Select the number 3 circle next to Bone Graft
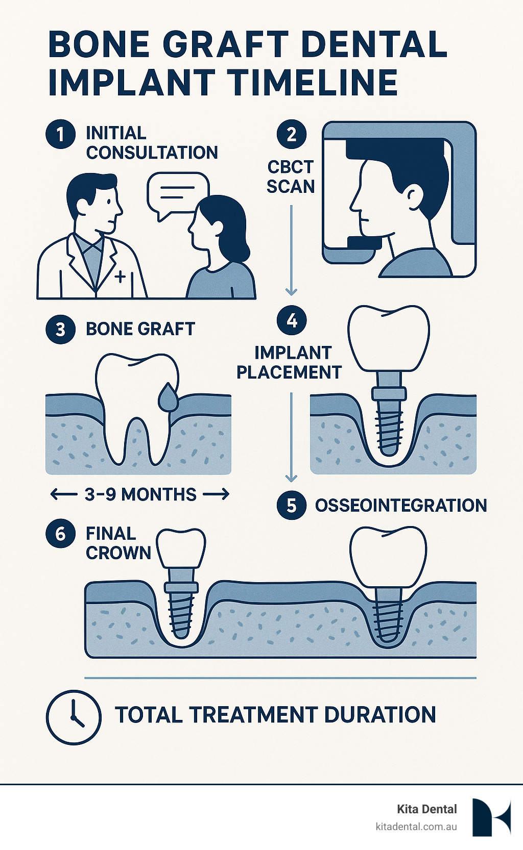(61, 329)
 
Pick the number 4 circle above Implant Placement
(292, 320)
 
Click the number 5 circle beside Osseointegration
(292, 505)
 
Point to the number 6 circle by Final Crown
(61, 534)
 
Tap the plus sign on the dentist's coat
(121, 277)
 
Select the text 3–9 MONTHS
(140, 494)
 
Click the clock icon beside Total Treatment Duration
(74, 716)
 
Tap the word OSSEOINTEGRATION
(401, 506)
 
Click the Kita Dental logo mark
(491, 817)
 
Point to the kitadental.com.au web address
(416, 827)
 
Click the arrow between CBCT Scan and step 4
(291, 250)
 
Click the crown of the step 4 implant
(389, 339)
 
